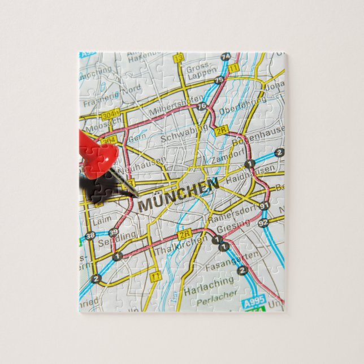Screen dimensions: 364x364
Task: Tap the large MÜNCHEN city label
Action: pos(179,195)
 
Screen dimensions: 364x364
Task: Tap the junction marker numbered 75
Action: pos(218,80)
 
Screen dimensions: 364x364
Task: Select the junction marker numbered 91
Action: pos(263,206)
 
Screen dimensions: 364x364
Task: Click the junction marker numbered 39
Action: pos(113,232)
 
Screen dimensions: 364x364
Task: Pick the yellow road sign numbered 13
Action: pos(179,58)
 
